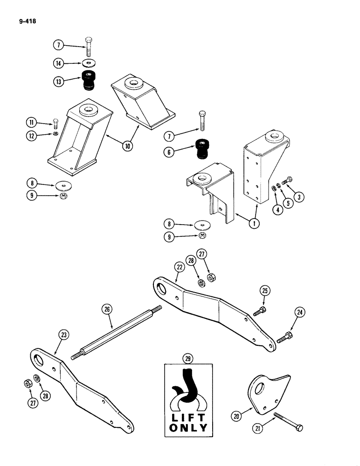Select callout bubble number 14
coord(58,63)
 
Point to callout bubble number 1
coord(254,223)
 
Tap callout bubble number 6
coord(169,151)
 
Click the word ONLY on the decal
coord(188,427)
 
